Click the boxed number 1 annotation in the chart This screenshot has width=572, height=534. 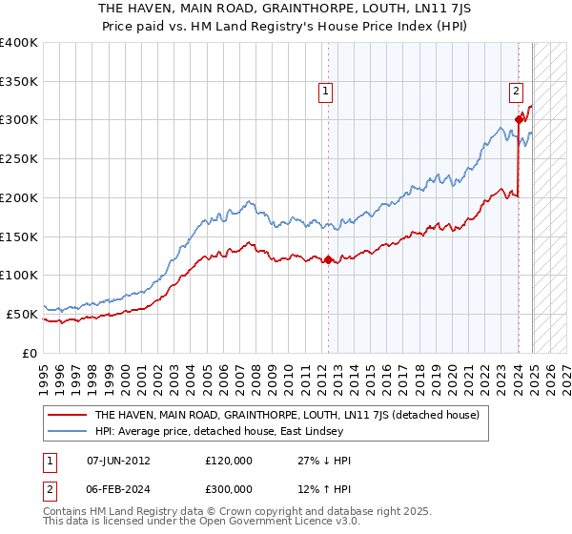click(325, 92)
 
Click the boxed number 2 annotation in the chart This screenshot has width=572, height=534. click(516, 92)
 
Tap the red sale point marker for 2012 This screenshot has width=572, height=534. click(328, 259)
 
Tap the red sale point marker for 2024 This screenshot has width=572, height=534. click(519, 119)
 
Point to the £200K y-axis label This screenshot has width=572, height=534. click(19, 197)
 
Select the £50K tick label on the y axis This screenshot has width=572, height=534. click(22, 314)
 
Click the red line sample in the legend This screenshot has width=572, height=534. click(67, 416)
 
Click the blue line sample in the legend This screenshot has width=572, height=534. click(67, 432)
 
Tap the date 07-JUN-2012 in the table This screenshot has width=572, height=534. click(118, 461)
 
